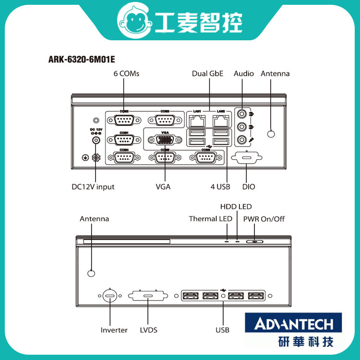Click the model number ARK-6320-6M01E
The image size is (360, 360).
[x=82, y=60]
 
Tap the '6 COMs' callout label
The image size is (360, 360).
[x=126, y=74]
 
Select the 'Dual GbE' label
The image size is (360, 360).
[x=208, y=74]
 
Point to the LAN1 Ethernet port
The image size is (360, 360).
[x=197, y=120]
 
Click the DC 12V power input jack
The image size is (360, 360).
[x=96, y=140]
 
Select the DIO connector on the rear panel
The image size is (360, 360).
[x=246, y=158]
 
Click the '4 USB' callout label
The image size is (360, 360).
[x=220, y=187]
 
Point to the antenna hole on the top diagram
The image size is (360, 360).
[x=272, y=134]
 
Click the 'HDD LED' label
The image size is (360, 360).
[x=236, y=207]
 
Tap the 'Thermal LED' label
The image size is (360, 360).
[x=210, y=219]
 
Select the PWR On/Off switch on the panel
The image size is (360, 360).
[x=255, y=241]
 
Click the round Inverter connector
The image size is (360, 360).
[x=109, y=296]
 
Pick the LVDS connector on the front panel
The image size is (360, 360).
[x=149, y=296]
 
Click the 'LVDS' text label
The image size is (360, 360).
[x=148, y=330]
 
